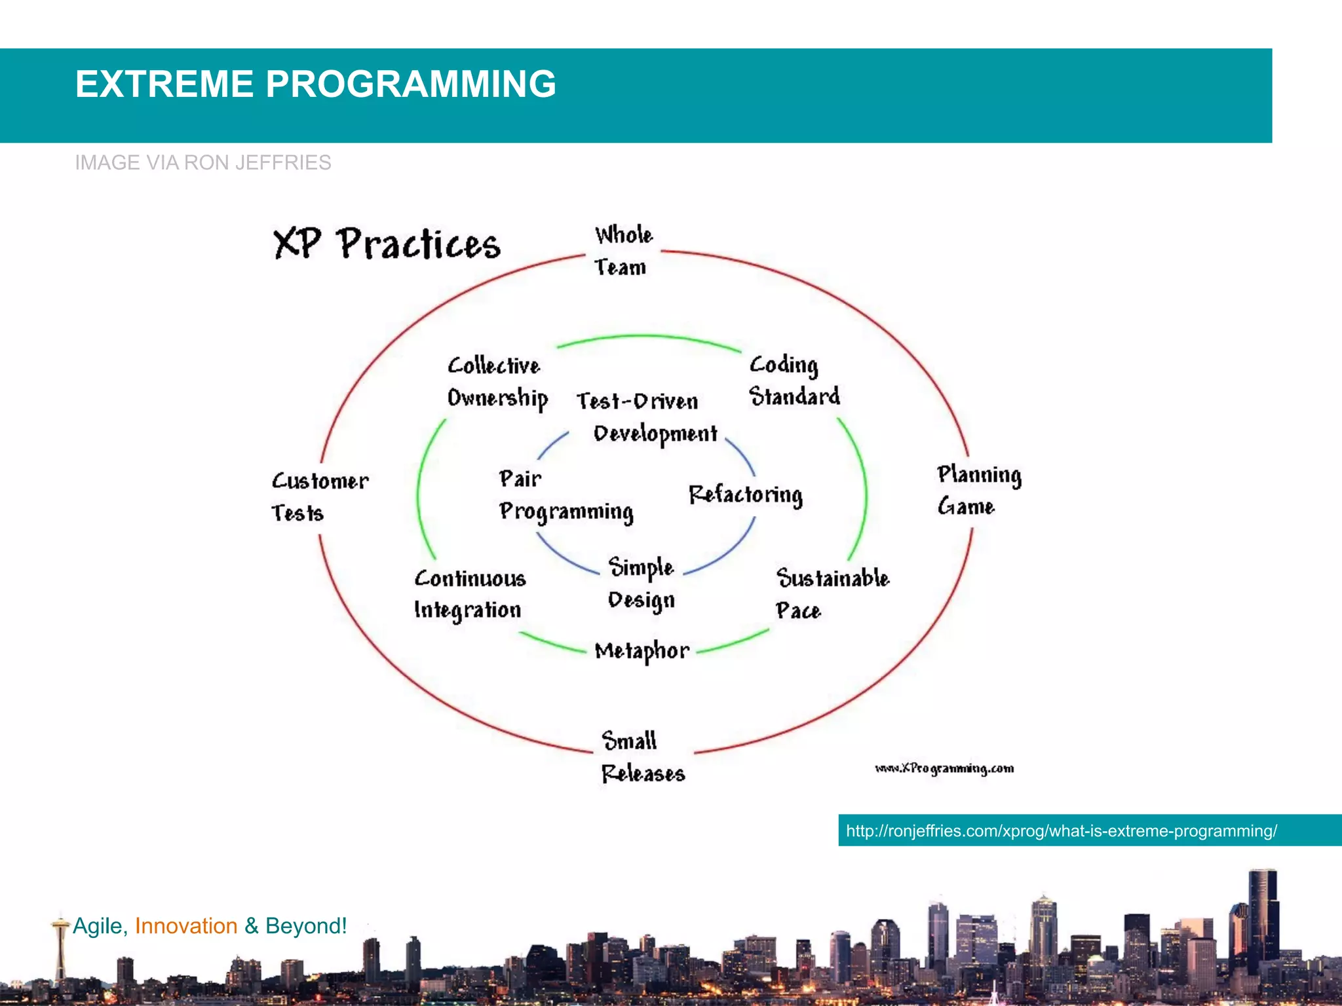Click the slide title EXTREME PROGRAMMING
click(x=315, y=84)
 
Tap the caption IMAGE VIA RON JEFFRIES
click(x=202, y=162)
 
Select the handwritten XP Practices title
click(x=387, y=244)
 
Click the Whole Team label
click(x=623, y=251)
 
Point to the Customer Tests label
click(x=319, y=496)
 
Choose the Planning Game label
click(x=978, y=490)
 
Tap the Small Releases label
click(x=642, y=757)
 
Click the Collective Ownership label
click(x=497, y=382)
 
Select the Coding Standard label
click(x=794, y=381)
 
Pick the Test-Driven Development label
click(x=646, y=417)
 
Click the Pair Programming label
click(x=565, y=495)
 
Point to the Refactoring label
click(x=745, y=494)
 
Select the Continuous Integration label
click(x=469, y=594)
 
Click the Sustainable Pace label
click(x=832, y=593)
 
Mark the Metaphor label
click(x=642, y=650)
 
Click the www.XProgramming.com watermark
click(x=944, y=768)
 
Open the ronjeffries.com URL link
click(x=1061, y=831)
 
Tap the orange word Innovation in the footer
click(x=186, y=926)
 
